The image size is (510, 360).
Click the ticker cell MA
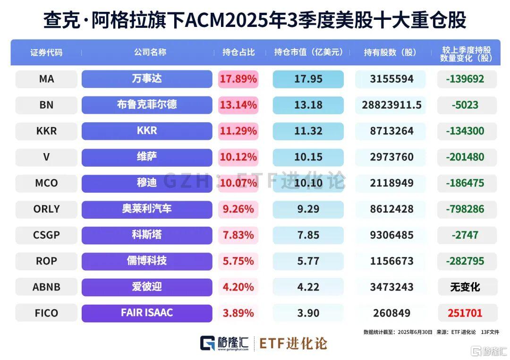(46, 79)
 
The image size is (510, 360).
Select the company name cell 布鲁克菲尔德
(147, 104)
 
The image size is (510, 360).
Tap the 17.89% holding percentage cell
(238, 79)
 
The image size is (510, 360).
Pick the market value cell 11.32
(308, 131)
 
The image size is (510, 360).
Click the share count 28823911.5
(391, 105)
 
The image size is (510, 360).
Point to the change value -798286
(465, 209)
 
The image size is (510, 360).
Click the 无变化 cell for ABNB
(465, 287)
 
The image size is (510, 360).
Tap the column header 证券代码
(46, 52)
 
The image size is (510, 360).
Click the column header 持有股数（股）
(391, 52)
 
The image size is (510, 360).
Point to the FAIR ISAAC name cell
(147, 313)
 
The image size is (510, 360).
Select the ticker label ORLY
(46, 209)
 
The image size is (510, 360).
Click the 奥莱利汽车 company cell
(147, 208)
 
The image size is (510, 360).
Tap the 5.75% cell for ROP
(238, 261)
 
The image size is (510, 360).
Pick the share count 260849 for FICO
(391, 313)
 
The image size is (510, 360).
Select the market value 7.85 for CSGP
(308, 235)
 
